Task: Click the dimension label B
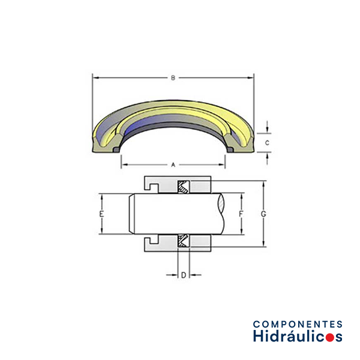[x=173, y=78]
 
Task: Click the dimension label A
[x=173, y=164]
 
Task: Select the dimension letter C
[x=267, y=143]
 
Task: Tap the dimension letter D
[x=184, y=275]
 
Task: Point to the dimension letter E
[x=101, y=214]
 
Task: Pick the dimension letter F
[x=241, y=214]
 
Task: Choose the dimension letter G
[x=263, y=214]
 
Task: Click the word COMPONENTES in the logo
[x=298, y=324]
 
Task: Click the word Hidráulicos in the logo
[x=298, y=336]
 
